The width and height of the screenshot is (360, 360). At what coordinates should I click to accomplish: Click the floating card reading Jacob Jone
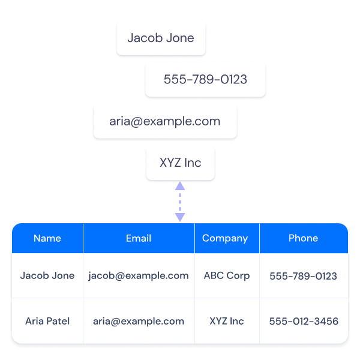[161, 38]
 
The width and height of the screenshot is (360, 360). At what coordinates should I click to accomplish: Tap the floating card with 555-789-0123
[205, 79]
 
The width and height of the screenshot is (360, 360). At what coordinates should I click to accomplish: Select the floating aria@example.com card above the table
[165, 121]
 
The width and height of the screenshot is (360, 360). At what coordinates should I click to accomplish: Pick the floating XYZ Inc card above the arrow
[180, 163]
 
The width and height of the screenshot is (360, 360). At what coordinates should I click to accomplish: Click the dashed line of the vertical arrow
[180, 201]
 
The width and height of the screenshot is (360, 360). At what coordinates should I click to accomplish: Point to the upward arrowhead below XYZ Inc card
[180, 187]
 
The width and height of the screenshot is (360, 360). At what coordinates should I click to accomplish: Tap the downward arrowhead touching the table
[180, 217]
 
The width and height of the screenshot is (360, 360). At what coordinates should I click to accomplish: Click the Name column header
[47, 238]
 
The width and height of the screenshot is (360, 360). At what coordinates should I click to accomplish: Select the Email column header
[139, 238]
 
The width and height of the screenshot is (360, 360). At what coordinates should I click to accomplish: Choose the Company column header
[225, 238]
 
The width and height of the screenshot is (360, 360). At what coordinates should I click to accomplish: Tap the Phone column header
[303, 238]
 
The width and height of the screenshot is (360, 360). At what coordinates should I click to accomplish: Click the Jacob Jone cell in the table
[47, 276]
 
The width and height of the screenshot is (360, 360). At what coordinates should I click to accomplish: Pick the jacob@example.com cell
[139, 276]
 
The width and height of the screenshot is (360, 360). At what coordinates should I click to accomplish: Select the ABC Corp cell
[227, 276]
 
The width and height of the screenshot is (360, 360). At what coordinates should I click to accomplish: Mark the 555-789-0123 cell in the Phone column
[303, 277]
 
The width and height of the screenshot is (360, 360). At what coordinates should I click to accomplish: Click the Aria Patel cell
[47, 321]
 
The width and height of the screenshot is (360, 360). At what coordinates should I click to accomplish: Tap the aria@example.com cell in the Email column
[139, 321]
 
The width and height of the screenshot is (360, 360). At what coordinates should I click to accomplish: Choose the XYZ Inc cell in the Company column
[227, 321]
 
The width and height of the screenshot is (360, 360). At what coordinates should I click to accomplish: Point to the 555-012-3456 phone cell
[304, 322]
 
